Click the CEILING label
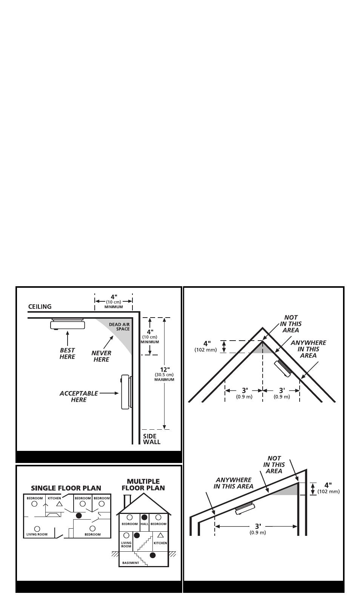(40, 307)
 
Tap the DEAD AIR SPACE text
(119, 327)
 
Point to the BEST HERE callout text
(67, 353)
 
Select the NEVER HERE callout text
(101, 356)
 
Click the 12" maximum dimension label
(164, 374)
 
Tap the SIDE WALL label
(151, 439)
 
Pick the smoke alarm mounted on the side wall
(126, 392)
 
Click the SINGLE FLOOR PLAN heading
(66, 488)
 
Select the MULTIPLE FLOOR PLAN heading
(143, 484)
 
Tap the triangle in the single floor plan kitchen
(58, 504)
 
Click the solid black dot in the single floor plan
(78, 515)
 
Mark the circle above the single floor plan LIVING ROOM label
(37, 529)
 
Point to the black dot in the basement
(152, 555)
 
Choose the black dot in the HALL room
(144, 517)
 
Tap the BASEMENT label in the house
(131, 563)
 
